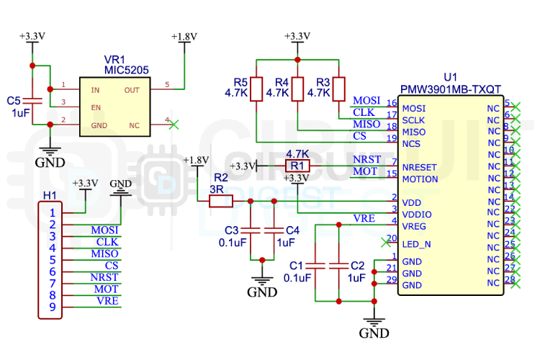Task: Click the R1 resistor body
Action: pos(297,166)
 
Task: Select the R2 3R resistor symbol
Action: pos(220,203)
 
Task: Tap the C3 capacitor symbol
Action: pos(250,230)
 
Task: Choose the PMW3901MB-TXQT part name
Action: pos(451,89)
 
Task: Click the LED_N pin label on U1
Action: pos(417,244)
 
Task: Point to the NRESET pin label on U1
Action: pos(420,166)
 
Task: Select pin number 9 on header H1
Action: pos(53,307)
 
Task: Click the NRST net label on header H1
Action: pos(104,277)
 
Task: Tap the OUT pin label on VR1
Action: pos(132,90)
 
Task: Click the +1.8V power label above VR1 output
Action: pos(184,36)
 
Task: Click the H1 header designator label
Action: pos(49,195)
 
